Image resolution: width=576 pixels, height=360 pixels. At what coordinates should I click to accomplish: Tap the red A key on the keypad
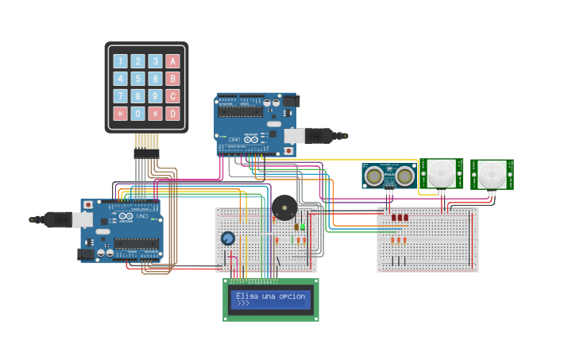(x=172, y=61)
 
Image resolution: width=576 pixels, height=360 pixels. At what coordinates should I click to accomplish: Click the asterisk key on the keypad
(x=120, y=114)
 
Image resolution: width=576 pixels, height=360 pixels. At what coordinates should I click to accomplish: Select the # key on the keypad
(x=155, y=114)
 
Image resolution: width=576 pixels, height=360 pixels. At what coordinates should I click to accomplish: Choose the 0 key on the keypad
(x=137, y=114)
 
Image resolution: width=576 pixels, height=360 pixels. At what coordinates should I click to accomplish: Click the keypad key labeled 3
(x=155, y=61)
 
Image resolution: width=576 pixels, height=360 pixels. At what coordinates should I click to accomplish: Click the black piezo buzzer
(x=284, y=208)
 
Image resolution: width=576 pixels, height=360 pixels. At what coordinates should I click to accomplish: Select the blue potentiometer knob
(x=228, y=238)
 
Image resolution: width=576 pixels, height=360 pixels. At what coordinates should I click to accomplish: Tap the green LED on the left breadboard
(x=302, y=227)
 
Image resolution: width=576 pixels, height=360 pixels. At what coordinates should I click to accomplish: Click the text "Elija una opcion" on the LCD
(x=270, y=296)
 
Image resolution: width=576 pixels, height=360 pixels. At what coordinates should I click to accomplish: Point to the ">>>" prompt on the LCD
(x=242, y=304)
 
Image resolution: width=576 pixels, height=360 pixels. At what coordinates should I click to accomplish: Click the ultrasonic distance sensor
(x=389, y=175)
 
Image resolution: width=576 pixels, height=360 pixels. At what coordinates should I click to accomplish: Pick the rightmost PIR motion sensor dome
(x=492, y=173)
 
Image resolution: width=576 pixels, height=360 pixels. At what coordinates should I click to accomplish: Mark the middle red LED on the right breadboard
(x=399, y=217)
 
